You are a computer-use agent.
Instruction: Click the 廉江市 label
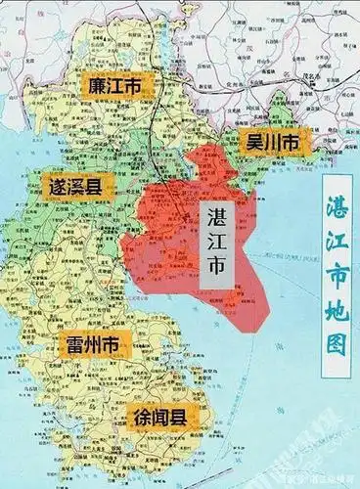(112, 85)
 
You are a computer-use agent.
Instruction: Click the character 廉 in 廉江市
(93, 85)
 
